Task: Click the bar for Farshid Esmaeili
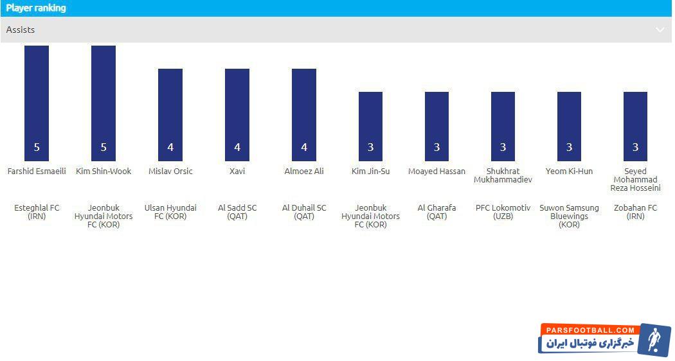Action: [x=37, y=103]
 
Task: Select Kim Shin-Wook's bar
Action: [x=104, y=103]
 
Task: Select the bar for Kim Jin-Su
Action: [x=370, y=126]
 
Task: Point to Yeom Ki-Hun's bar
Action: [x=569, y=126]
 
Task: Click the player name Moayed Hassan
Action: [x=437, y=172]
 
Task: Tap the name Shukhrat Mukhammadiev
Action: [x=503, y=175]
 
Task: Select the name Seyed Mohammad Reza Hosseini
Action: [x=635, y=180]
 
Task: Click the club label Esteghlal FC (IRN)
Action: [x=37, y=212]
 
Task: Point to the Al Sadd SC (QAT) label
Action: [x=237, y=212]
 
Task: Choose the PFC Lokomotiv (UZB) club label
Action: [x=503, y=212]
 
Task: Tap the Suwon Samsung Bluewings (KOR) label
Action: [x=569, y=216]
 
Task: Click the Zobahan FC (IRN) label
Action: [x=635, y=212]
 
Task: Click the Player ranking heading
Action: [x=36, y=8]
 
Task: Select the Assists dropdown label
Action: [x=21, y=30]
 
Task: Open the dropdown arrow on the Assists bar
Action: [x=660, y=30]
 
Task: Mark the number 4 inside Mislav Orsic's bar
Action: [x=170, y=148]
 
